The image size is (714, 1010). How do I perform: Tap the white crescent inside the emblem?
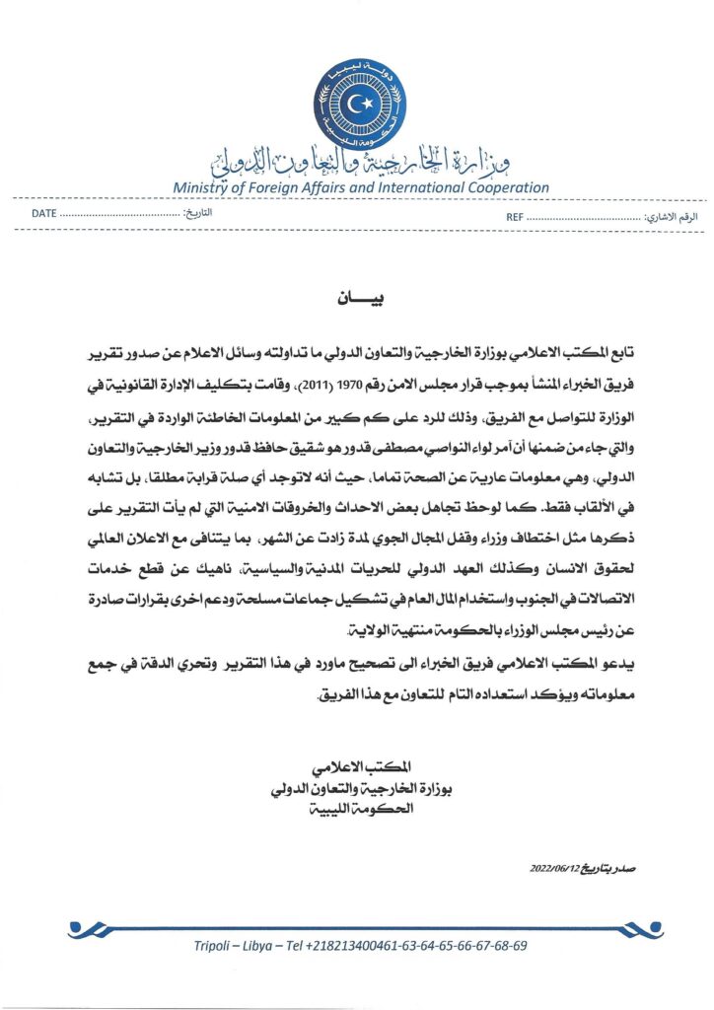(357, 100)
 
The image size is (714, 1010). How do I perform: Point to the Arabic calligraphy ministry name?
(357, 159)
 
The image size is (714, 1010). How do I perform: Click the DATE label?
(43, 214)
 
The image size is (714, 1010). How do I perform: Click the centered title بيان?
(356, 298)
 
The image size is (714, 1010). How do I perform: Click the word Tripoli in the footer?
(216, 945)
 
